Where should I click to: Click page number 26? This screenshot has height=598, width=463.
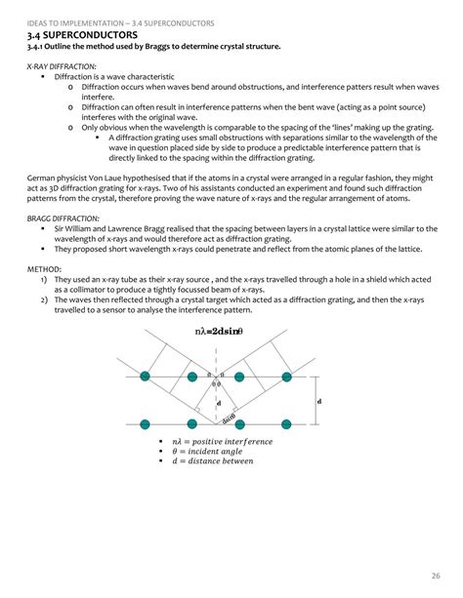click(x=435, y=575)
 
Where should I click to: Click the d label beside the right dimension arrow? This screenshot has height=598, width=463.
click(x=319, y=401)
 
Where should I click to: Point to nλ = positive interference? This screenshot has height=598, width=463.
click(x=223, y=441)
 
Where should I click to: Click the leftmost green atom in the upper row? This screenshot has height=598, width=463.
click(x=146, y=377)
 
